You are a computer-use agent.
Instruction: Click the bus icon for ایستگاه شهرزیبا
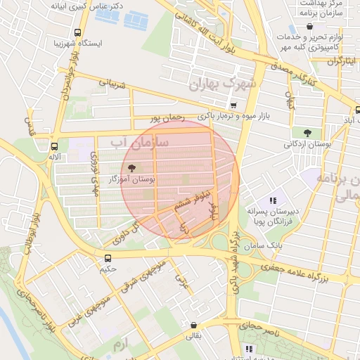click(77, 32)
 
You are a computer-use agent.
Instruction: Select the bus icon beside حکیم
click(108, 258)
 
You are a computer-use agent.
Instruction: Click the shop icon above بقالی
click(193, 326)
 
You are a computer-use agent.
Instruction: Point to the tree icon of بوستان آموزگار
click(131, 167)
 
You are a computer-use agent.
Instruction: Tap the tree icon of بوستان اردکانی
click(307, 132)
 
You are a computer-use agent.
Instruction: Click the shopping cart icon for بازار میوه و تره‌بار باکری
click(233, 105)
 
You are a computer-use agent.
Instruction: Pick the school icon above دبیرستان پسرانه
click(273, 200)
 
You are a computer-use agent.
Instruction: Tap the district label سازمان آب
click(140, 143)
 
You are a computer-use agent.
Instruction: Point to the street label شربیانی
click(112, 84)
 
